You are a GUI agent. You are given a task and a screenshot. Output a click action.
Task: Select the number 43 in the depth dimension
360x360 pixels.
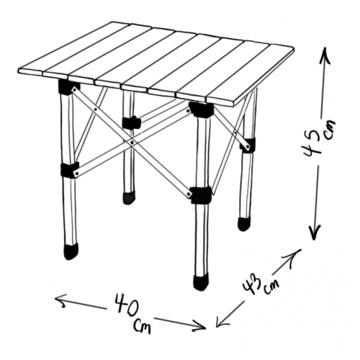point(252,284)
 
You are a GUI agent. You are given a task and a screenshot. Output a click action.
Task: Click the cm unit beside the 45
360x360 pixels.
point(329,130)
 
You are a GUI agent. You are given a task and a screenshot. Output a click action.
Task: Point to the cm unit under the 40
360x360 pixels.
point(142,326)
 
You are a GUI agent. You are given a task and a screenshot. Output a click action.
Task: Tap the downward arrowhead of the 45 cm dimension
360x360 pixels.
point(314,233)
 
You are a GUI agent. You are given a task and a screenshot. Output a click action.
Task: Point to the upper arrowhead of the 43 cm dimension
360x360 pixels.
point(294,256)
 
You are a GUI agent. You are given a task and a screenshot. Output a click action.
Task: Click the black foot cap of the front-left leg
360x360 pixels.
point(71,251)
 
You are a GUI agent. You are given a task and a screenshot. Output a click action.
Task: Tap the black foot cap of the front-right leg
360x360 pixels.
point(201,283)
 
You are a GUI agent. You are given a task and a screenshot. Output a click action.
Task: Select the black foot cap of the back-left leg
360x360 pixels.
point(128,198)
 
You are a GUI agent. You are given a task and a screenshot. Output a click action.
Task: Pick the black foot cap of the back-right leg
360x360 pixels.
point(244,224)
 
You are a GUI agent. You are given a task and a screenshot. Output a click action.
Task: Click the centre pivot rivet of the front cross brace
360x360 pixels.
point(132,143)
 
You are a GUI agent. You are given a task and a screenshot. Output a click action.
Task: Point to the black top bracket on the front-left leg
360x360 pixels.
point(68,86)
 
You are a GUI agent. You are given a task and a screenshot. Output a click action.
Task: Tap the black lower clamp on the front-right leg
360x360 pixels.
point(201,195)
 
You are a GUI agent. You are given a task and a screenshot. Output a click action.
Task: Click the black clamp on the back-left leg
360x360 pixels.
point(131,122)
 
